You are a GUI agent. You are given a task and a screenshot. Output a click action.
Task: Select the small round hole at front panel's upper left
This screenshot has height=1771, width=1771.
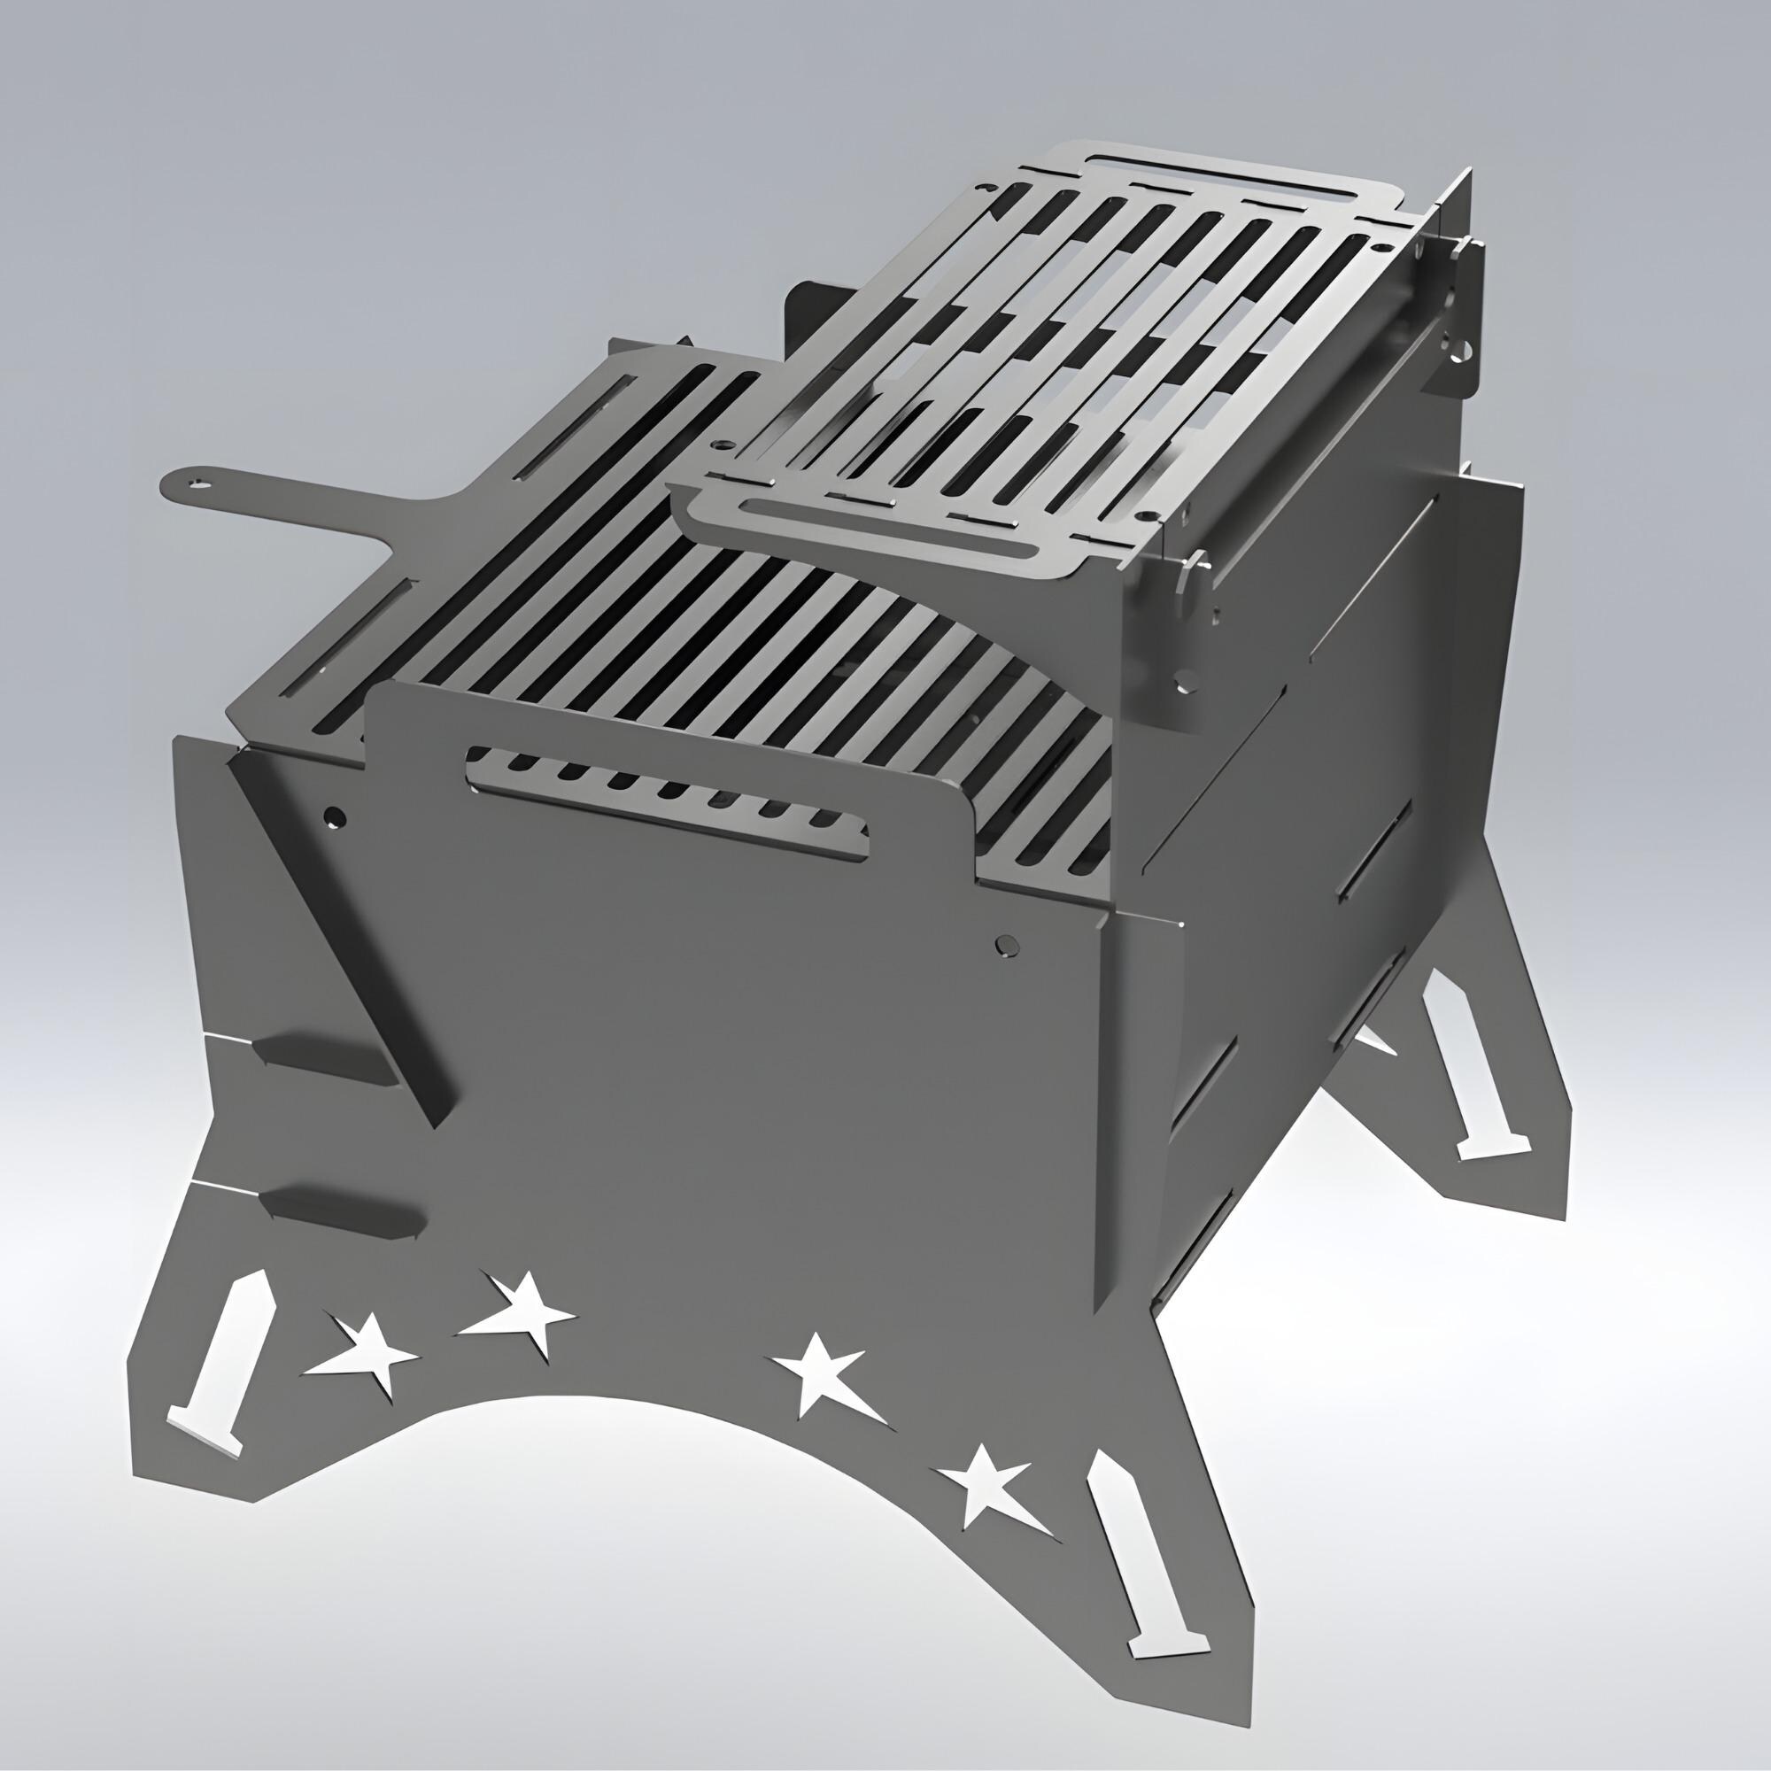[x=336, y=814]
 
